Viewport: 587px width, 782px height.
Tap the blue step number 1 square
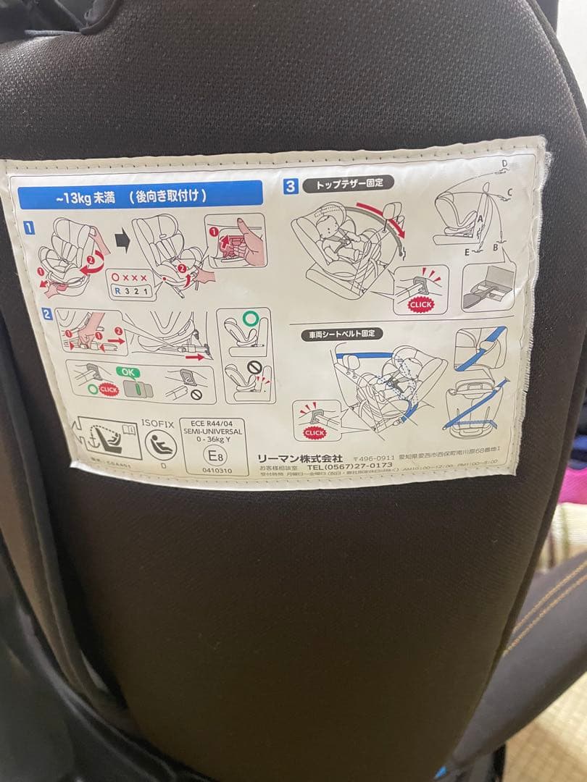(x=30, y=228)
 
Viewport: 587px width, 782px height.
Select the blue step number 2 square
(x=46, y=314)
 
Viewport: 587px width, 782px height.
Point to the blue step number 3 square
(x=291, y=186)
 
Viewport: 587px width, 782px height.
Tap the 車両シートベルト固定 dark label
(x=343, y=335)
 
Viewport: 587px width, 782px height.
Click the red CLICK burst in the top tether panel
(x=420, y=304)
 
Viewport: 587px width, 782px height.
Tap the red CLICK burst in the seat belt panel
(x=315, y=432)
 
